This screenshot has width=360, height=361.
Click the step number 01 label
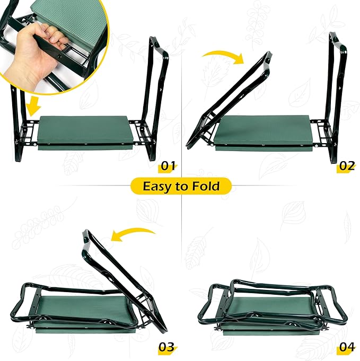pos(168,166)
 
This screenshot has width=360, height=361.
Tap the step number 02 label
pos(346,166)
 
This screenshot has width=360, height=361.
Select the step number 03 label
pos(166,347)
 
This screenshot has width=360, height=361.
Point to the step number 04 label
pos(346,347)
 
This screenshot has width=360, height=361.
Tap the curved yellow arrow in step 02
pos(221,56)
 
